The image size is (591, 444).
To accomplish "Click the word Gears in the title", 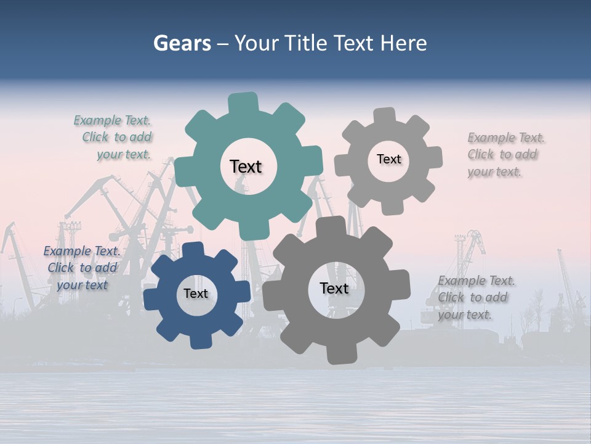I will pos(182,43).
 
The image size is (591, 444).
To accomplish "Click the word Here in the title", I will pos(403,43).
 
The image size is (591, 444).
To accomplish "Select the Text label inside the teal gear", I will pos(246,166).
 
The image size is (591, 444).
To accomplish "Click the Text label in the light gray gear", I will pos(388,159).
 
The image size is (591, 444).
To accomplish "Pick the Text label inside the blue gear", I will pos(196,294).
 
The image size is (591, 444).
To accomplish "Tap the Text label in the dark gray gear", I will pos(334,288).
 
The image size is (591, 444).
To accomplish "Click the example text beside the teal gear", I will pos(114,138).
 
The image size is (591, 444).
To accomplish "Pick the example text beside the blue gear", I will pos(82,268).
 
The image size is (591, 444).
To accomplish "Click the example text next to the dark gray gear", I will pos(475,297).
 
